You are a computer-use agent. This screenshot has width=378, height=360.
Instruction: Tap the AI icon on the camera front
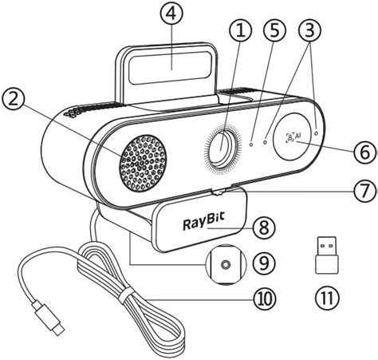tap(293, 136)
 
